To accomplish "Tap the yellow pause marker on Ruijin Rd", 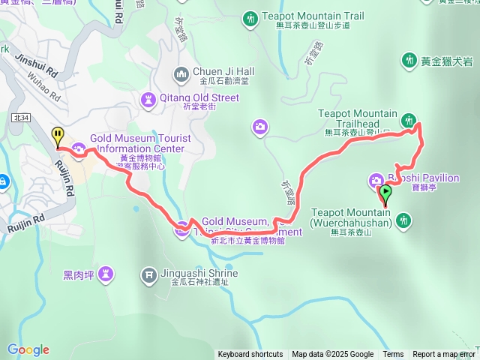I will [x=58, y=136].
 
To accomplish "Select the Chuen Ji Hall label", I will [x=223, y=72].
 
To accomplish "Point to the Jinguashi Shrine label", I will [x=198, y=274].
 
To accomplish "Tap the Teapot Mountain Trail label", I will [x=313, y=15].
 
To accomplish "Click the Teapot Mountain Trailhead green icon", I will [x=409, y=119].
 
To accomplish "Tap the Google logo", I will [x=28, y=349].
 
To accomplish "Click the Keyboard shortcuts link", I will [x=250, y=355].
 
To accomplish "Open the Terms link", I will [x=393, y=355].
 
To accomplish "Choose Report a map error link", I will [x=444, y=355].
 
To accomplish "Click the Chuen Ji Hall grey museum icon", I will [x=181, y=73].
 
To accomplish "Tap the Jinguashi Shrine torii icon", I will [x=149, y=274].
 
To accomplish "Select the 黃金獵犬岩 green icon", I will [x=409, y=59].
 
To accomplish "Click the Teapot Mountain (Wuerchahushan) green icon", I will [x=405, y=220].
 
